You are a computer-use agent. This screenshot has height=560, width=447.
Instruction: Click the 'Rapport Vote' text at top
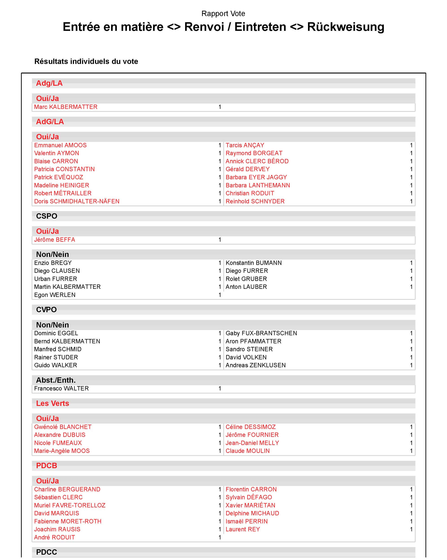click(223, 14)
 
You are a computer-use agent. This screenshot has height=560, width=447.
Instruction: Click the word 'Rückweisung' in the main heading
click(346, 27)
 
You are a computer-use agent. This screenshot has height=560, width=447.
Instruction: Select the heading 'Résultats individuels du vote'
click(86, 61)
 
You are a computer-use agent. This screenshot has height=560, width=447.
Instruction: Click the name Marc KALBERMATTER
click(66, 107)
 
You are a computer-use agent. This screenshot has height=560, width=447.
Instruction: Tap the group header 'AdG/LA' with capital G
click(50, 122)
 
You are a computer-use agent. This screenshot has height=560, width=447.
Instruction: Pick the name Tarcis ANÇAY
click(245, 145)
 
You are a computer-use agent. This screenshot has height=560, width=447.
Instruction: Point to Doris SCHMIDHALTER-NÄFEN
click(77, 201)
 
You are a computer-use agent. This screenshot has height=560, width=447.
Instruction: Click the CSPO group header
click(46, 216)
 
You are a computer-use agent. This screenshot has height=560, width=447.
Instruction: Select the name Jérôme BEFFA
click(55, 240)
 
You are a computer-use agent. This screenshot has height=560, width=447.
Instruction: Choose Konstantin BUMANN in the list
click(253, 263)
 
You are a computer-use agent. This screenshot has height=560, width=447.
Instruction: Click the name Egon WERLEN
click(55, 295)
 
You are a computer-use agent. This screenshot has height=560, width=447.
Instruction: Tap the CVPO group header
click(46, 310)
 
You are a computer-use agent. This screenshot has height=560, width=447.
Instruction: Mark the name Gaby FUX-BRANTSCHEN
click(261, 333)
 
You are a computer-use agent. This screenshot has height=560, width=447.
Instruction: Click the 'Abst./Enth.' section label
click(56, 380)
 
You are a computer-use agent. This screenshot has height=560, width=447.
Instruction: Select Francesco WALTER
click(61, 388)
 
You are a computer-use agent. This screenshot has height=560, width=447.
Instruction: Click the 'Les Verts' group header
click(53, 403)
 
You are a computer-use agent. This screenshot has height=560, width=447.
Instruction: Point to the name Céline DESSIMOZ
click(250, 427)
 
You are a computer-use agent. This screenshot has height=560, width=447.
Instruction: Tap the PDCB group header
click(46, 466)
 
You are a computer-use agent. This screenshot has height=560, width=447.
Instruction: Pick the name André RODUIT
click(55, 537)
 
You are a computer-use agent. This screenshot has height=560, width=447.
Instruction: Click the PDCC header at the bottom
click(46, 552)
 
